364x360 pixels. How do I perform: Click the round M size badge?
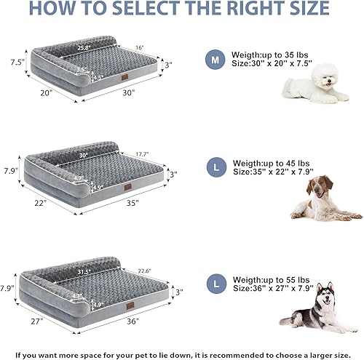(215, 60)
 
